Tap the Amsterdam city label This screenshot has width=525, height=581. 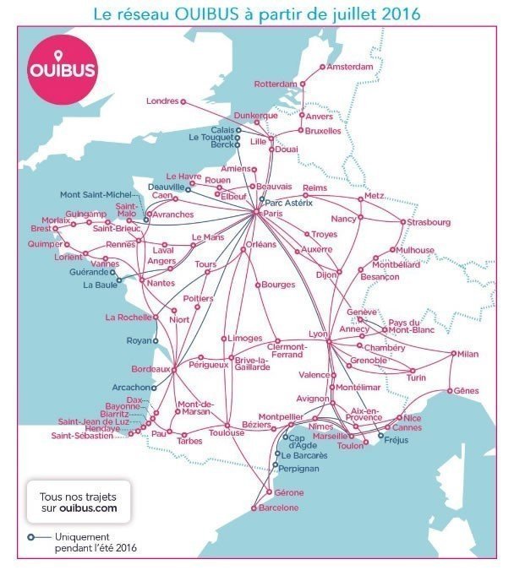(349, 67)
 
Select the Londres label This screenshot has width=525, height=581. (162, 101)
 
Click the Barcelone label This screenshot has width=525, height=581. (279, 508)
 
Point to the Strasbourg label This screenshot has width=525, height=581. (429, 222)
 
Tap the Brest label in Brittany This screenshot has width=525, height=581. (41, 228)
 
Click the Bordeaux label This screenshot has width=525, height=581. (150, 369)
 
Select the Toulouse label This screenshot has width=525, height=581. (227, 433)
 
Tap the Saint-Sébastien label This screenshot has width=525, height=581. (81, 436)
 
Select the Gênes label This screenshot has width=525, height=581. (466, 390)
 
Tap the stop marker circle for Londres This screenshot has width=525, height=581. (183, 102)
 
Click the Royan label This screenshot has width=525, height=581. (135, 341)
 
